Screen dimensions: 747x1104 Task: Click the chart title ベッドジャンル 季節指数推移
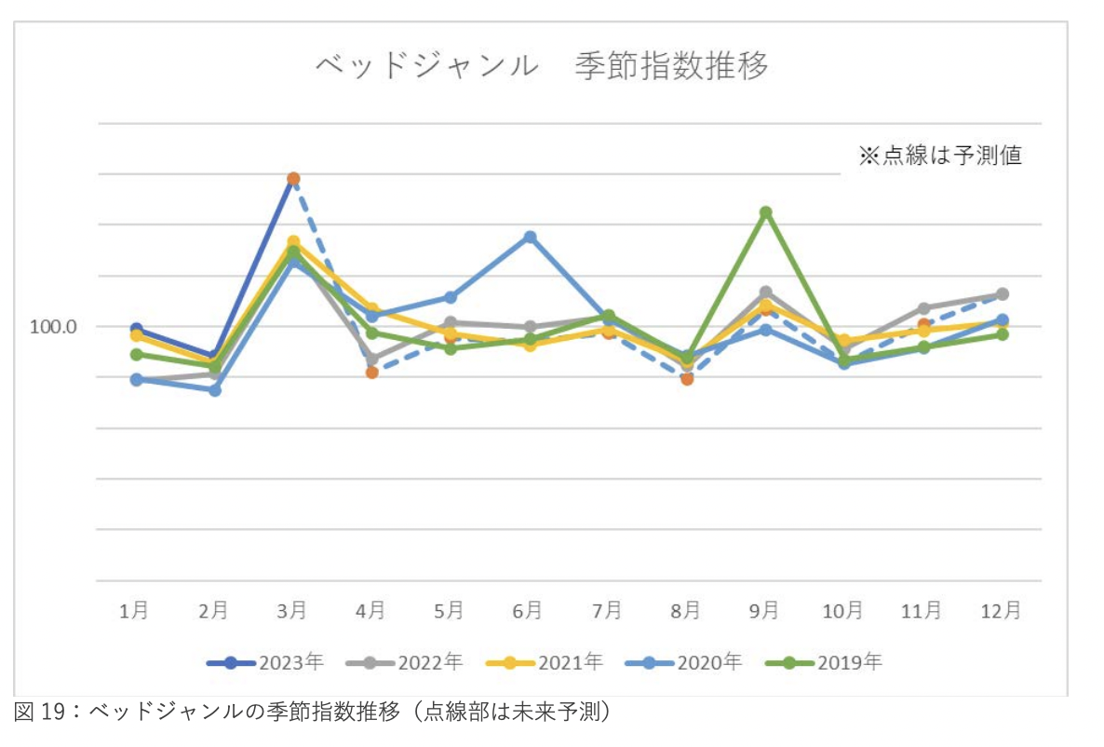click(x=543, y=68)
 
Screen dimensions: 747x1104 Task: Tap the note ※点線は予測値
click(x=939, y=155)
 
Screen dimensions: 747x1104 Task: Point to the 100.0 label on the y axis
click(x=53, y=327)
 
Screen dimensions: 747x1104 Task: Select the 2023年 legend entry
click(x=265, y=662)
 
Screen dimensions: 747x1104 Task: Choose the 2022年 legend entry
click(x=404, y=662)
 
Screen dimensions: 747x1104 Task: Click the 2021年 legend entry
click(x=545, y=662)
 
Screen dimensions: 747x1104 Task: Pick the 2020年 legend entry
click(x=684, y=662)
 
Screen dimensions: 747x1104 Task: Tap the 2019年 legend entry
click(x=823, y=662)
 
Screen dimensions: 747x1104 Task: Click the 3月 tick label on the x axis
click(x=292, y=610)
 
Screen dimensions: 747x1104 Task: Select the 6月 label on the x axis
click(x=528, y=610)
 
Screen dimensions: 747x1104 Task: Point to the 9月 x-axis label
click(x=764, y=610)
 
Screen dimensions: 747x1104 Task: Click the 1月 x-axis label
click(x=135, y=610)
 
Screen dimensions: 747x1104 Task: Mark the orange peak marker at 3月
click(x=293, y=178)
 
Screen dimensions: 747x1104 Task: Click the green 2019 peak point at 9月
click(x=765, y=212)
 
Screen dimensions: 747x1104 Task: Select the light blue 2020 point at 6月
click(x=530, y=237)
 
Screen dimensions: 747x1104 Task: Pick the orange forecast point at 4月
click(x=371, y=372)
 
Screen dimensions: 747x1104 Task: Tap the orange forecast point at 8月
click(x=687, y=379)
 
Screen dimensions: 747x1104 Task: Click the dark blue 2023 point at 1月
click(x=136, y=329)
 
